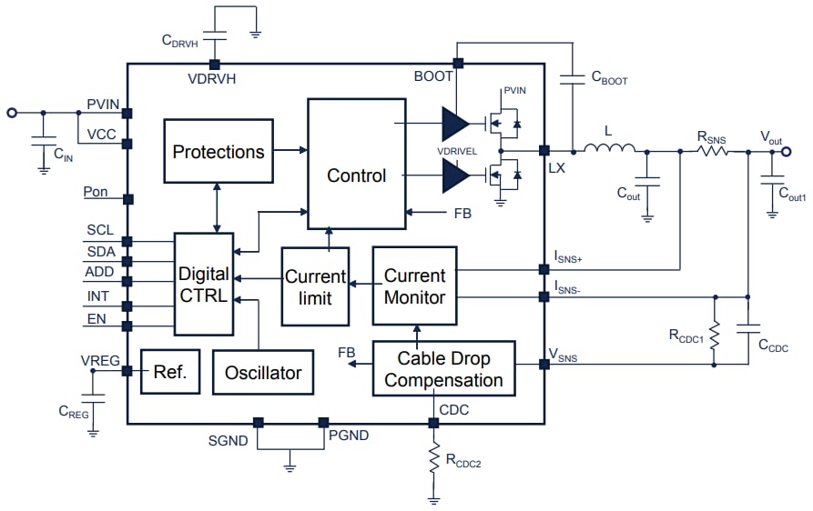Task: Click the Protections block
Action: pos(218,152)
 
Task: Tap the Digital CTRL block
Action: pos(203,285)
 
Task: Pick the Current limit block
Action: pos(315,286)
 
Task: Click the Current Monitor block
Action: pos(414,286)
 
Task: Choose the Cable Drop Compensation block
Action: pos(443,368)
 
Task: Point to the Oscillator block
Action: pos(262,372)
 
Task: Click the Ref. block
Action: pos(169,371)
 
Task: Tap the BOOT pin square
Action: pos(458,64)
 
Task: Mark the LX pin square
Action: pos(544,150)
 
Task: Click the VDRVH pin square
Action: pos(215,64)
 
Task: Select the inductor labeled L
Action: pos(609,150)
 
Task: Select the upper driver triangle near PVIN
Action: pos(453,124)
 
